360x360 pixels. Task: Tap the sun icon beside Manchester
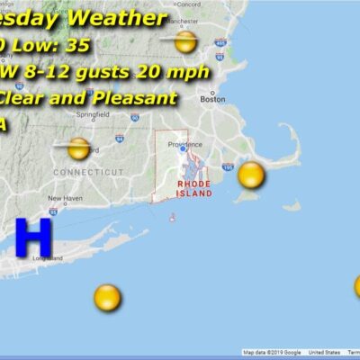(185, 41)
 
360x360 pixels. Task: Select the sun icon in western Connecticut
(79, 148)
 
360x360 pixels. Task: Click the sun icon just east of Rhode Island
(251, 175)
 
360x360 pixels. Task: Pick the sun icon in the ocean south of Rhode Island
(107, 297)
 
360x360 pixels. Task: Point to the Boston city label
(212, 100)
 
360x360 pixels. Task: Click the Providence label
(191, 141)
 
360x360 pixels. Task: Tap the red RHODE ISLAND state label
(193, 186)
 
